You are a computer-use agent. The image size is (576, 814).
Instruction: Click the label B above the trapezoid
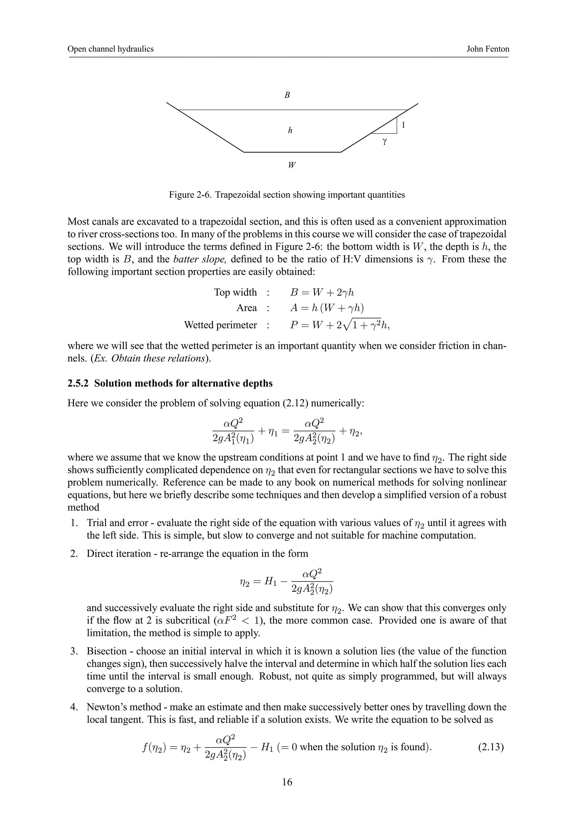tap(287, 95)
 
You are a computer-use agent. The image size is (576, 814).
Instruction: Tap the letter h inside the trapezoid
tap(290, 130)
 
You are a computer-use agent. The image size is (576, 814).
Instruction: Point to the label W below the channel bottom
tap(292, 165)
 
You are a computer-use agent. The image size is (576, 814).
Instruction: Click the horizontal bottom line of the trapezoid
tap(292, 152)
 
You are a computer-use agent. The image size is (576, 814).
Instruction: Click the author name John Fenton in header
tap(487, 49)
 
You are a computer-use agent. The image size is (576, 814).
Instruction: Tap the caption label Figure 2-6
tap(190, 195)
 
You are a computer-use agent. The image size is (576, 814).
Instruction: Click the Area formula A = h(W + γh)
tap(327, 308)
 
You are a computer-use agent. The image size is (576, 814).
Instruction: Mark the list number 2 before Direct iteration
tap(73, 553)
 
